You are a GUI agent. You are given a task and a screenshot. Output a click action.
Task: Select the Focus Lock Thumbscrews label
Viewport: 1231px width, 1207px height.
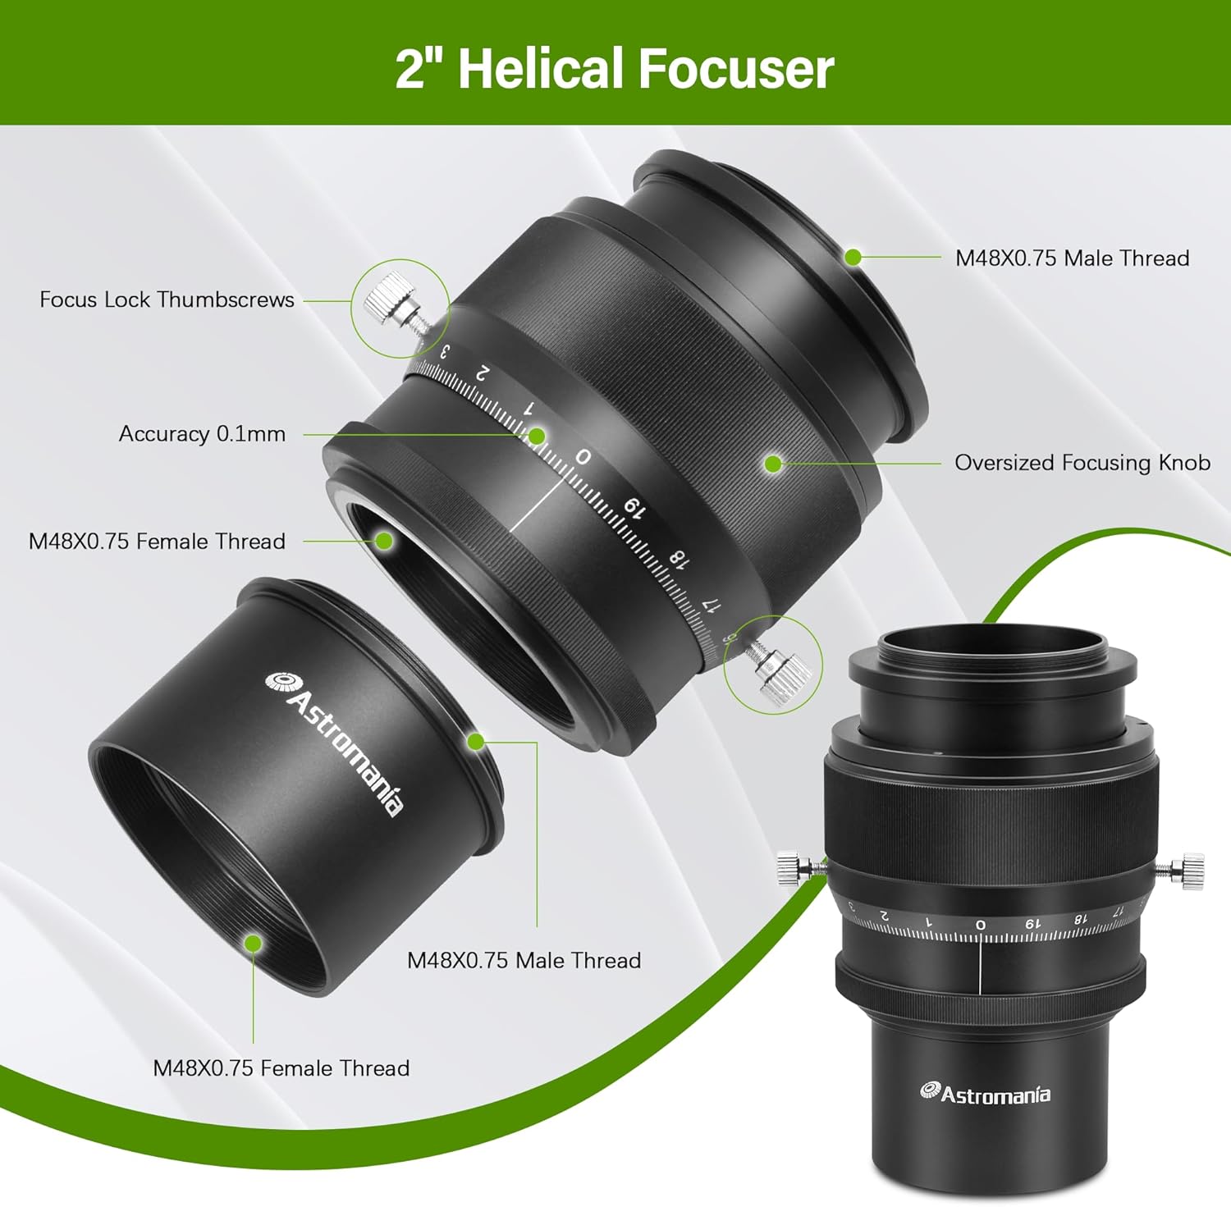(x=167, y=299)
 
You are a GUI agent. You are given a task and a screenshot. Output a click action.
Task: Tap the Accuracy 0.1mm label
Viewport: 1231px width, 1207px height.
(x=202, y=433)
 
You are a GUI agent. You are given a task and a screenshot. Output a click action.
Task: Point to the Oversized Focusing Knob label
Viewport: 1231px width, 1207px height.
(x=1082, y=463)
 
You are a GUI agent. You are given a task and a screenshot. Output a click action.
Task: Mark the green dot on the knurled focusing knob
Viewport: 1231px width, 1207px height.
(x=772, y=464)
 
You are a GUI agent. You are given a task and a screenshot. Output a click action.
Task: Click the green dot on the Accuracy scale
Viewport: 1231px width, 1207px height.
(x=536, y=436)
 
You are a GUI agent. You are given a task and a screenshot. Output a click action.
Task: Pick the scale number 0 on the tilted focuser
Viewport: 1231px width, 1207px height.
(x=583, y=456)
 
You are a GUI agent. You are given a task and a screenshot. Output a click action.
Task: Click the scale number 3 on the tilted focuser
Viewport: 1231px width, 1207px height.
(x=444, y=351)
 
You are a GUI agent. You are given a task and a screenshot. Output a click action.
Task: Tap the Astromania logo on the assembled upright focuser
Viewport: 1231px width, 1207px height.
(x=985, y=1093)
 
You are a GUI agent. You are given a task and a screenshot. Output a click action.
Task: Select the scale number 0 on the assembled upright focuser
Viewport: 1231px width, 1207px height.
(x=980, y=925)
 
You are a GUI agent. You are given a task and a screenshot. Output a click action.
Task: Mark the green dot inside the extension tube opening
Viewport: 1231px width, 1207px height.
(x=254, y=943)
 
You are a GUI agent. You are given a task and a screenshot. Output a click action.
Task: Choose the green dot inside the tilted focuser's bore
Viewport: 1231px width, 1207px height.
(x=383, y=541)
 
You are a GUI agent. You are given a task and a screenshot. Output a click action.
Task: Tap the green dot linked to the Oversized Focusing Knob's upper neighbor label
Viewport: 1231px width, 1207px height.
(x=853, y=257)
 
